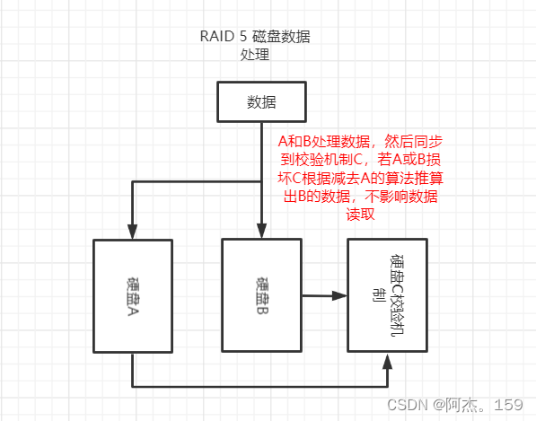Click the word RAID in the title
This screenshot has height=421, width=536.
point(215,38)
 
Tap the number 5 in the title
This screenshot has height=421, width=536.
point(242,38)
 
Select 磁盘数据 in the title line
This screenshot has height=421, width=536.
point(281,38)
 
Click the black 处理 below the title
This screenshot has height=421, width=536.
point(256,56)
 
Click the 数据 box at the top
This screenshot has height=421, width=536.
point(260,101)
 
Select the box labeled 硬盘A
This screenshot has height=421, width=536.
point(133,296)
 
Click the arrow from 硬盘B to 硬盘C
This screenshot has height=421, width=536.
point(323,294)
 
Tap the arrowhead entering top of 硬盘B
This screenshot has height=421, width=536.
point(260,232)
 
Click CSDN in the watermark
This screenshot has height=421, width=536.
point(406,405)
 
